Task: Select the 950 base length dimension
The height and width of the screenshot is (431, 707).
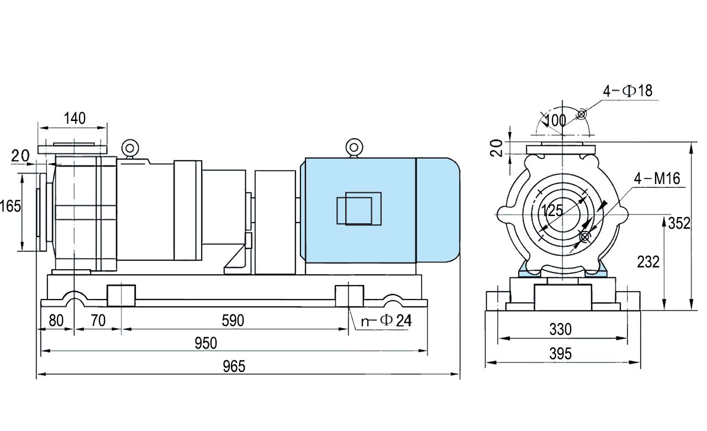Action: pyautogui.click(x=206, y=343)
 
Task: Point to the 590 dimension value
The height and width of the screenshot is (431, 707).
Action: pyautogui.click(x=233, y=320)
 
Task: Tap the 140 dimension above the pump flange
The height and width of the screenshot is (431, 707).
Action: pyautogui.click(x=75, y=118)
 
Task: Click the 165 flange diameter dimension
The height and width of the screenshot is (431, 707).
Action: pyautogui.click(x=10, y=206)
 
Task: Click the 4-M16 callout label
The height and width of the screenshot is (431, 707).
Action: pyautogui.click(x=657, y=178)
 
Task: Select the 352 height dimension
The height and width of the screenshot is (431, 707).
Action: pyautogui.click(x=679, y=223)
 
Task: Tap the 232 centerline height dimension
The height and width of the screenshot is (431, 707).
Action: pyautogui.click(x=648, y=262)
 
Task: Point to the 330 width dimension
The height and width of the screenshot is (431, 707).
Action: pyautogui.click(x=560, y=330)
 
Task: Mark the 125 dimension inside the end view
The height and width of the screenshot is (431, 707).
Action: pyautogui.click(x=552, y=211)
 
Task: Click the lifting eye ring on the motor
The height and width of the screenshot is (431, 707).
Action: pyautogui.click(x=353, y=147)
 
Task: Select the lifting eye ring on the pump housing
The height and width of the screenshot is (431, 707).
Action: pyautogui.click(x=129, y=148)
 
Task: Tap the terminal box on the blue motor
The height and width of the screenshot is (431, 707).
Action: pyautogui.click(x=358, y=208)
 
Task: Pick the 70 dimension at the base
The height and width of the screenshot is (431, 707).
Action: pyautogui.click(x=98, y=320)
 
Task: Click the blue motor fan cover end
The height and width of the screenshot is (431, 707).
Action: pyautogui.click(x=437, y=209)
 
